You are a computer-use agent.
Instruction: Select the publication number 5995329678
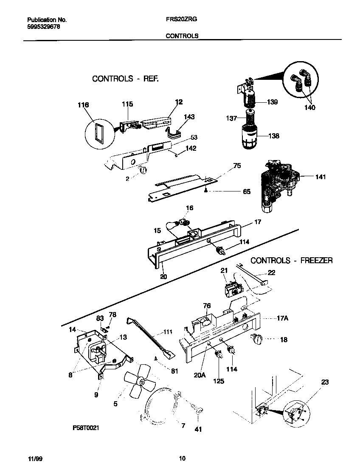pyautogui.click(x=44, y=26)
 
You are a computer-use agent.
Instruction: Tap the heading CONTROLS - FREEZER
pyautogui.click(x=291, y=260)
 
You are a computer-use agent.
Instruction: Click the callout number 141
pyautogui.click(x=321, y=177)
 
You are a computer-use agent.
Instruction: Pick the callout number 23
pyautogui.click(x=324, y=382)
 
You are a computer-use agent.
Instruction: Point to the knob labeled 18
pyautogui.click(x=258, y=339)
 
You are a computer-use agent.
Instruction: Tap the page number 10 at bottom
pyautogui.click(x=182, y=459)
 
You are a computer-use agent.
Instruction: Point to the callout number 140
pyautogui.click(x=309, y=108)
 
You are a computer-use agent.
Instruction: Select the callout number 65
pyautogui.click(x=246, y=192)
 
